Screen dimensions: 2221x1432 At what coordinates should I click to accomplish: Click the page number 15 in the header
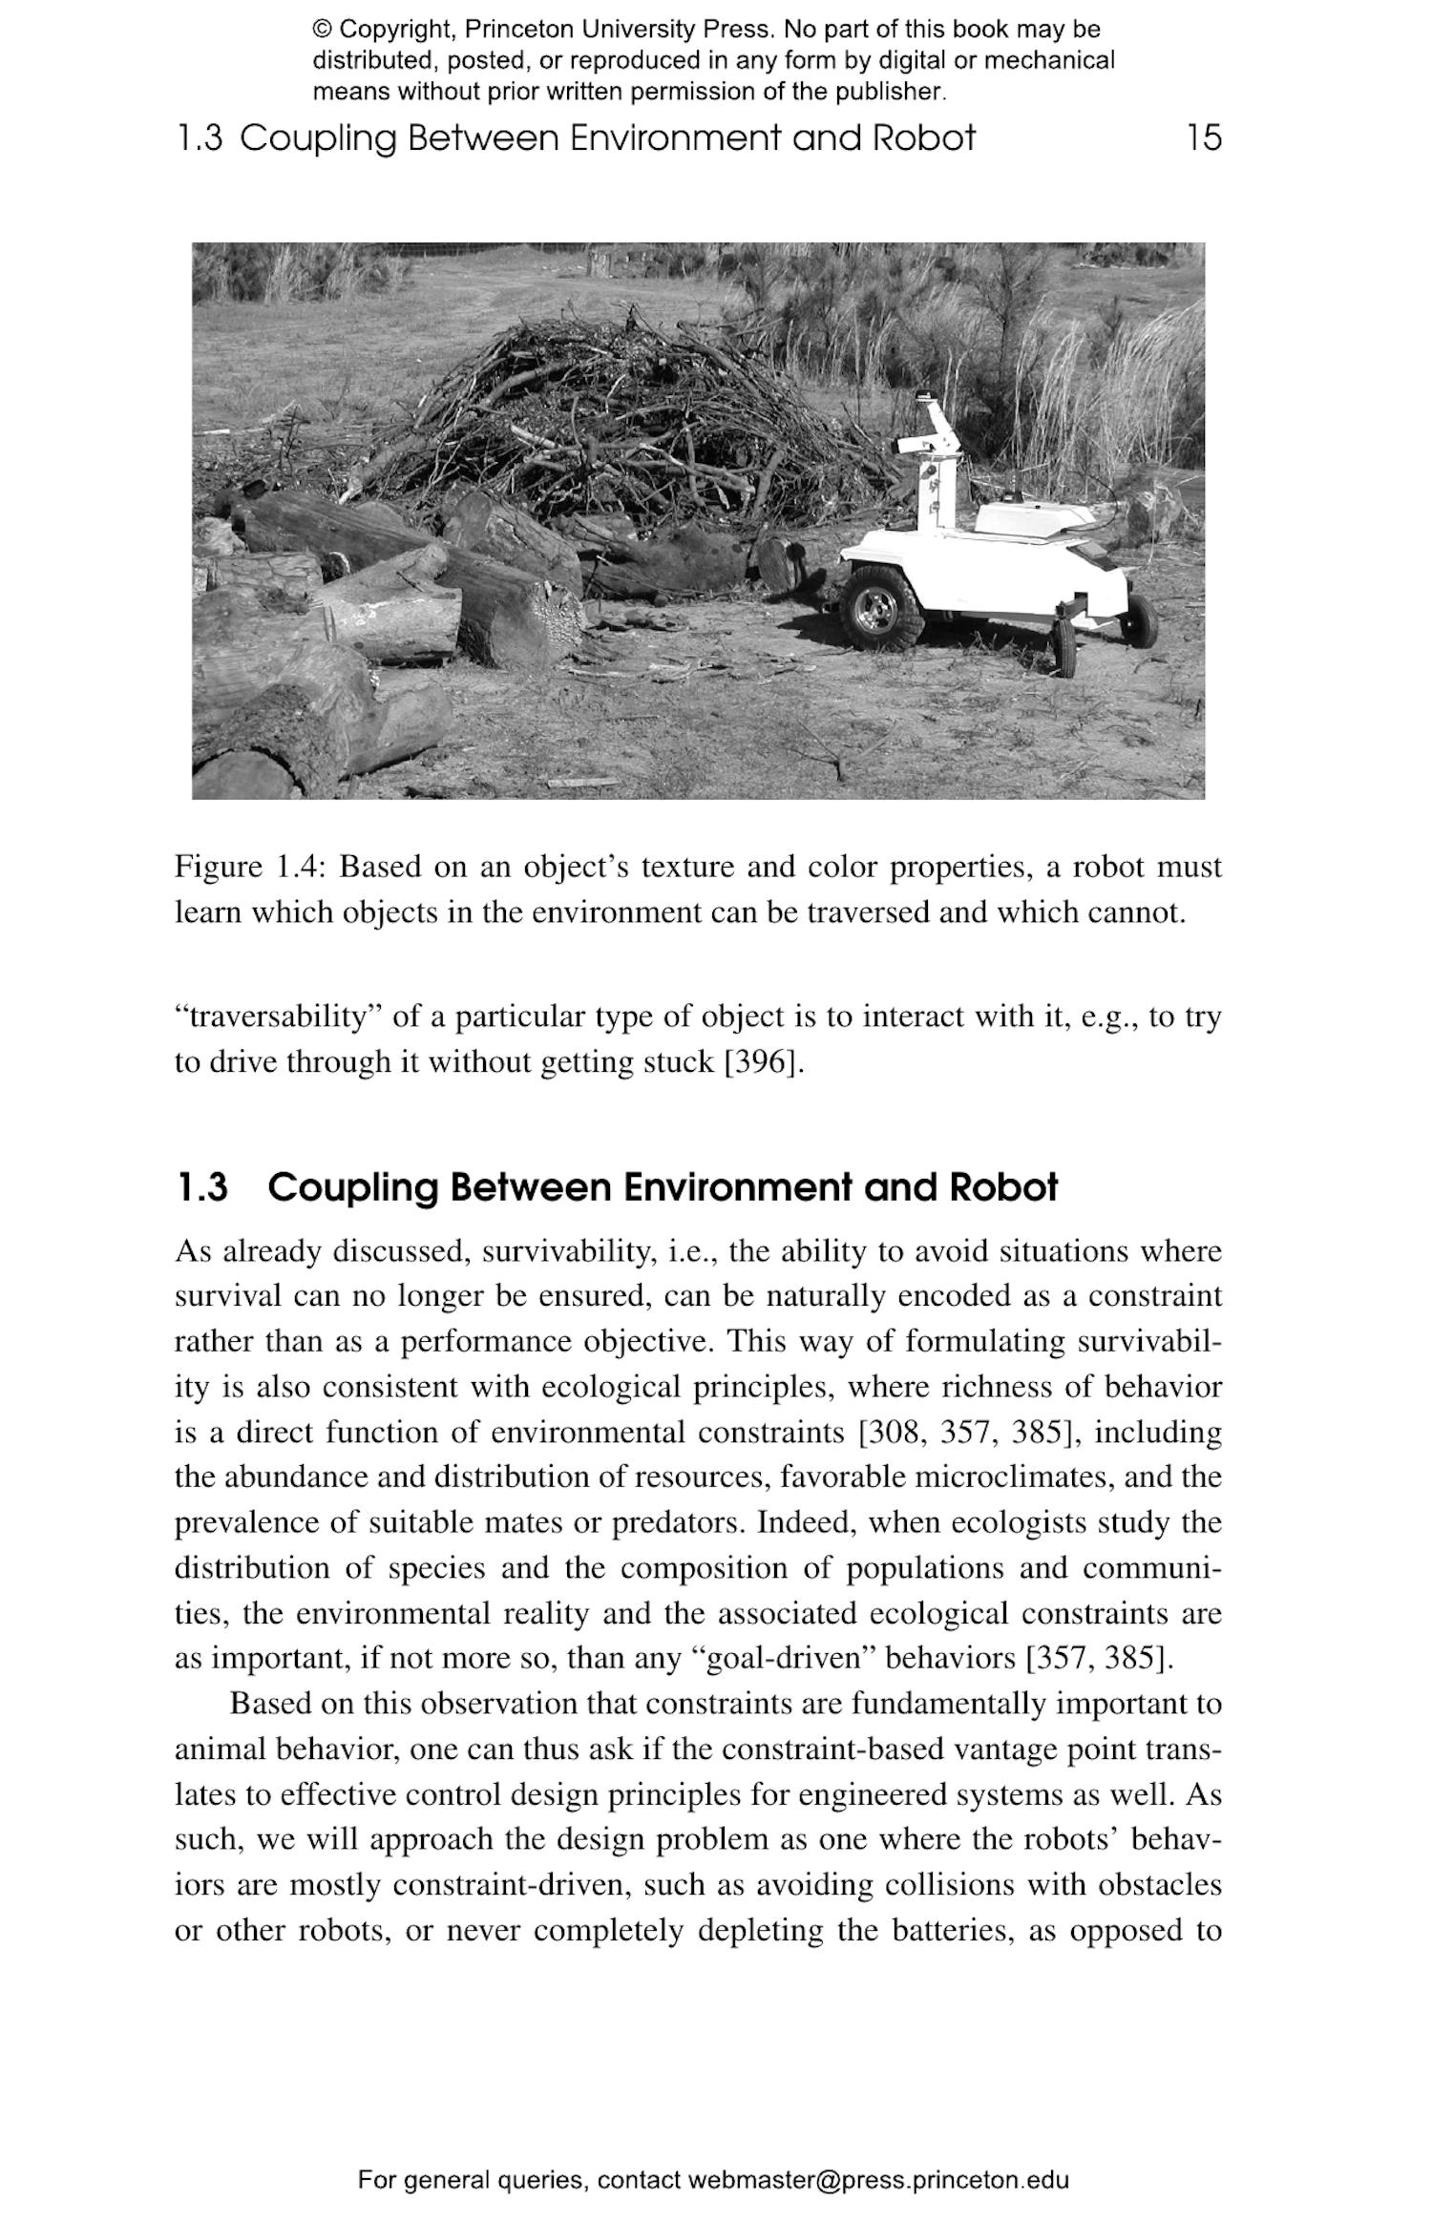(x=1204, y=138)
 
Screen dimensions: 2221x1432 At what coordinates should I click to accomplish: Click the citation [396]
(x=763, y=1062)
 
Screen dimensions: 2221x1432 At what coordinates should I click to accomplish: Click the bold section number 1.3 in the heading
(x=202, y=1188)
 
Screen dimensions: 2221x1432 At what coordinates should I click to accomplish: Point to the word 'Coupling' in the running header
(x=317, y=139)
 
